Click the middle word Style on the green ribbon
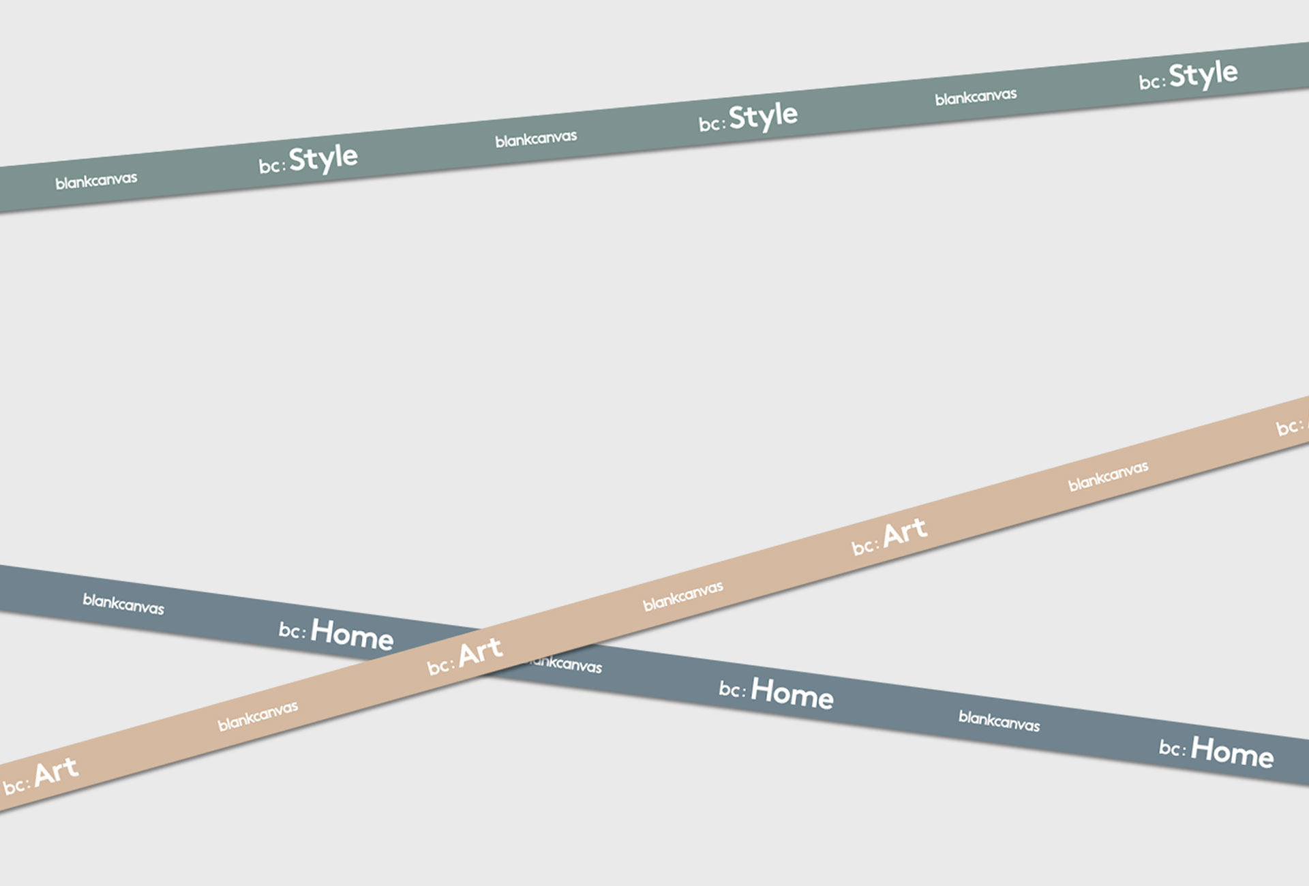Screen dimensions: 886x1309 763,117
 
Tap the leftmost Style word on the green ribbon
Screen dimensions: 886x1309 322,159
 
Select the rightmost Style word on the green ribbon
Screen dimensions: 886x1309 1203,74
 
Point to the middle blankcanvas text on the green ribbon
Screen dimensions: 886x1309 536,139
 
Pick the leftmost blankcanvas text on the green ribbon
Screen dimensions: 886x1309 96,181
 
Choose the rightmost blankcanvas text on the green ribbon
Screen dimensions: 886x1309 976,97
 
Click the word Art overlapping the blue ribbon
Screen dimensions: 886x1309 481,652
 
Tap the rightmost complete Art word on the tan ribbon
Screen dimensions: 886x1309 905,533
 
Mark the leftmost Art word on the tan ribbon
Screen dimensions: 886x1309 56,772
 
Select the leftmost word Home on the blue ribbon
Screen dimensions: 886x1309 352,635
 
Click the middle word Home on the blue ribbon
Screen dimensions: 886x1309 792,693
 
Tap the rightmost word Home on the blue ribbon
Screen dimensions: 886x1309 1232,752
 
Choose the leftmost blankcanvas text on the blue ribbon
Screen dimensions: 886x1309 123,604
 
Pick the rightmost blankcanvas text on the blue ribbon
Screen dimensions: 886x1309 999,720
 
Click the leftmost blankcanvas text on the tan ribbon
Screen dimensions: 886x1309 258,716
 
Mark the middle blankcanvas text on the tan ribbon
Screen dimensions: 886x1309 682,596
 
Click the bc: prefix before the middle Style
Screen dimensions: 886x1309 712,124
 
